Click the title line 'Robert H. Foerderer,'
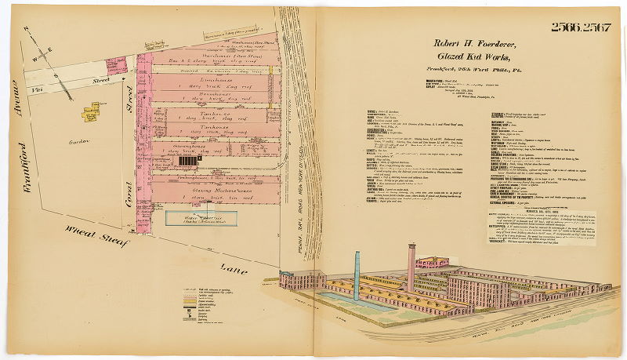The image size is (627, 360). coord(477,45)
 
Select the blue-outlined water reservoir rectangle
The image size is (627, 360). coord(196,217)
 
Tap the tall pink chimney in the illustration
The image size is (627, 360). coord(411,267)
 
